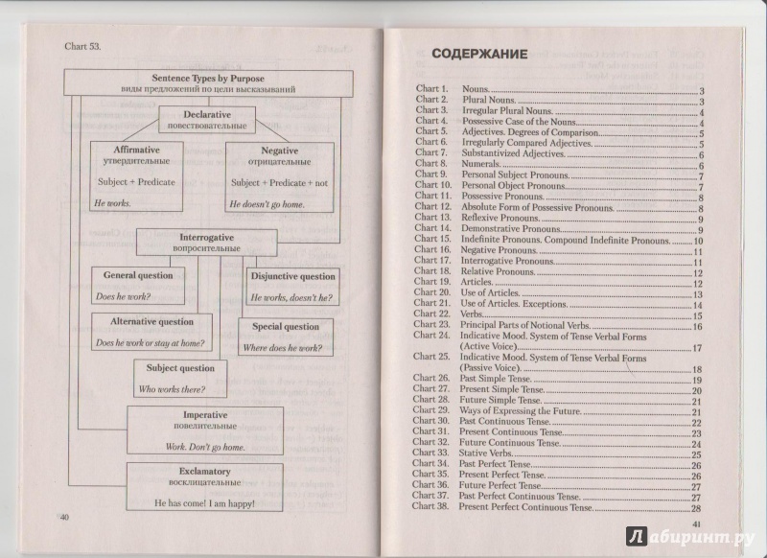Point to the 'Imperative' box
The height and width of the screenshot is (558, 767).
click(205, 429)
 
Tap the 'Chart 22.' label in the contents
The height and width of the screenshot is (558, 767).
click(432, 314)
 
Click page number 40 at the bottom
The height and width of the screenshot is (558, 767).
click(65, 518)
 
